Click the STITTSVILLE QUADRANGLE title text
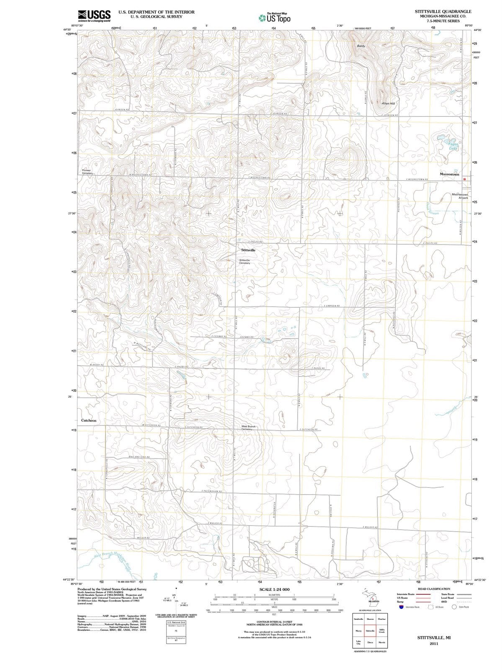(443, 11)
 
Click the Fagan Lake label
(453, 146)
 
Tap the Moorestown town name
(449, 174)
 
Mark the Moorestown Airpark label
(460, 196)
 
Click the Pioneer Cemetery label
(87, 172)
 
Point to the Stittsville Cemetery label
(245, 261)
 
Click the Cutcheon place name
(88, 420)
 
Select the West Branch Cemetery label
(248, 428)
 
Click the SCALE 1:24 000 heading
(274, 589)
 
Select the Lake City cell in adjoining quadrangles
(358, 642)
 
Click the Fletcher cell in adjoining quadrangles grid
(381, 619)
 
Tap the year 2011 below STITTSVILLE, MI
(434, 644)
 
